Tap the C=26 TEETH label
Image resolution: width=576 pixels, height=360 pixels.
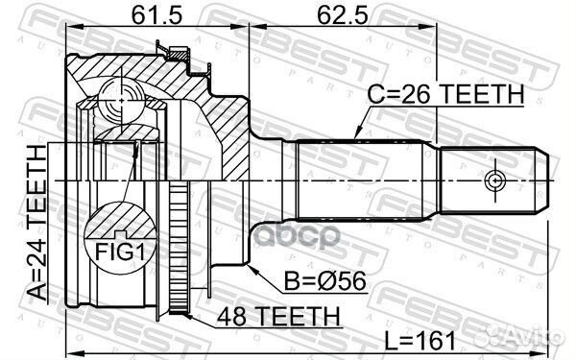click(447, 94)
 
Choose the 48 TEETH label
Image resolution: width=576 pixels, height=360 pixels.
click(279, 315)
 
